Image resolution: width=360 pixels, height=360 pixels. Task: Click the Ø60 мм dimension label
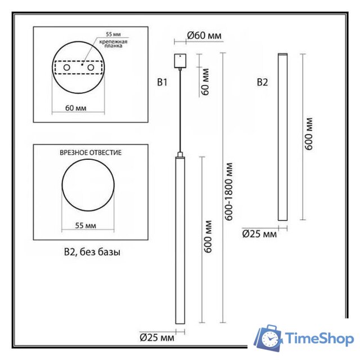[x=204, y=35]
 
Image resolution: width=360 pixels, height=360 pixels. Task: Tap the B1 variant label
[x=163, y=83]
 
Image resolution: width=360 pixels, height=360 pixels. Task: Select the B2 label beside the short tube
[x=263, y=83]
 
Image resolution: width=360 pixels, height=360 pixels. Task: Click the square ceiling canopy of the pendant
[x=180, y=59]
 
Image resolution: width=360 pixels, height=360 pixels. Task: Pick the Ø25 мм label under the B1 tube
[x=157, y=337]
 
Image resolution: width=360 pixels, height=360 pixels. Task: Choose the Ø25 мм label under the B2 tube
[x=259, y=233]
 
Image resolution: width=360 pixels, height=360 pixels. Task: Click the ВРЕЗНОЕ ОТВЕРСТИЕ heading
[x=91, y=152]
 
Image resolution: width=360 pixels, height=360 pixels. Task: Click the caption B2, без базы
[x=92, y=253]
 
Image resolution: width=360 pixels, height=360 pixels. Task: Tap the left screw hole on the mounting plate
[x=67, y=68]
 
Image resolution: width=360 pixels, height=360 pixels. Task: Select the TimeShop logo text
[x=319, y=339]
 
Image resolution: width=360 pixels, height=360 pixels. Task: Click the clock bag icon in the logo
[x=269, y=337]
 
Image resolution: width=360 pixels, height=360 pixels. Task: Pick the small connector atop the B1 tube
[x=180, y=154]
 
